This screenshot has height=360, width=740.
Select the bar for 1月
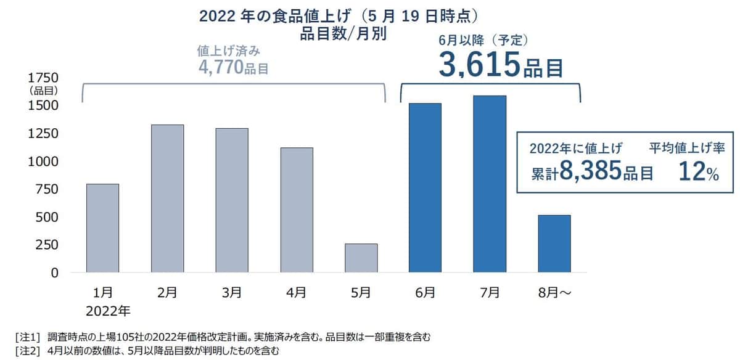pos(102,228)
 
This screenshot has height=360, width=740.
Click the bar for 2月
pos(167,198)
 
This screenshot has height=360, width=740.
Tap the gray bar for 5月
pos(361,258)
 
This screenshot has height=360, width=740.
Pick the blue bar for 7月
pos(490,184)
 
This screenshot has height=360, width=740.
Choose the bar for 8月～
pos(554,243)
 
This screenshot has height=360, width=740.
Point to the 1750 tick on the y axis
pos(41,78)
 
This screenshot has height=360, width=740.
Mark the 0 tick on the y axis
pos(54,272)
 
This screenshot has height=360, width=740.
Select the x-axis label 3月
pos(232,292)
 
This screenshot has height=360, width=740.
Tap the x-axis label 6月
pos(425,292)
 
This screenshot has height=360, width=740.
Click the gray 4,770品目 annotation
pos(233,67)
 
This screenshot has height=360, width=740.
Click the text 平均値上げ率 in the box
pos(689,148)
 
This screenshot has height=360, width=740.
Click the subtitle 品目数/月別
pos(343,34)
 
